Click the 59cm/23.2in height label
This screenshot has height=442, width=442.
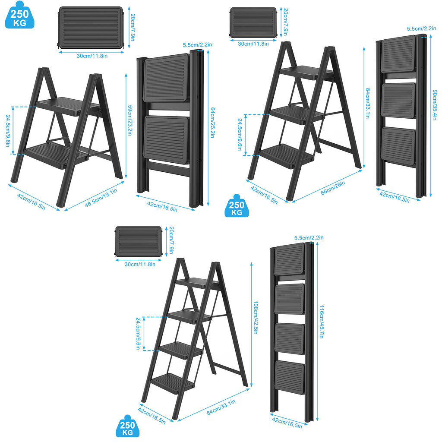click(x=130, y=120)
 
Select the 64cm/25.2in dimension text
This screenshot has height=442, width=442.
click(x=212, y=122)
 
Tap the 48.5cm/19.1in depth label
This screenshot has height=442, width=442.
click(x=101, y=198)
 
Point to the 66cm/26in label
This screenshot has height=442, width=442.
click(x=333, y=188)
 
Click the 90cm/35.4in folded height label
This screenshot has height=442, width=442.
click(x=435, y=105)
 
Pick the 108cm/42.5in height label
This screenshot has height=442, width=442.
click(x=256, y=317)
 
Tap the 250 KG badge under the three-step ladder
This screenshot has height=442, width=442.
click(x=237, y=206)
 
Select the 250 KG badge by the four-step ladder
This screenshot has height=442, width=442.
click(x=128, y=426)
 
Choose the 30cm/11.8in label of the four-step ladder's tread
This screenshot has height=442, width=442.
click(x=140, y=265)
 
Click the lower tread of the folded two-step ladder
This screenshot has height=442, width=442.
click(x=166, y=140)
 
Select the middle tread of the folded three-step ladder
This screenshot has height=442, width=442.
click(x=398, y=101)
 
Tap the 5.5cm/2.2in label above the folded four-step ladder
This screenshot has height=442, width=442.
click(x=309, y=238)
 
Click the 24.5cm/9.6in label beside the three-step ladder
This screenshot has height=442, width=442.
click(x=240, y=135)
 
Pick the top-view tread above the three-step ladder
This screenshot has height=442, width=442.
click(x=253, y=22)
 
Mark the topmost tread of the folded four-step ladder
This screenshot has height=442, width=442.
click(x=290, y=259)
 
